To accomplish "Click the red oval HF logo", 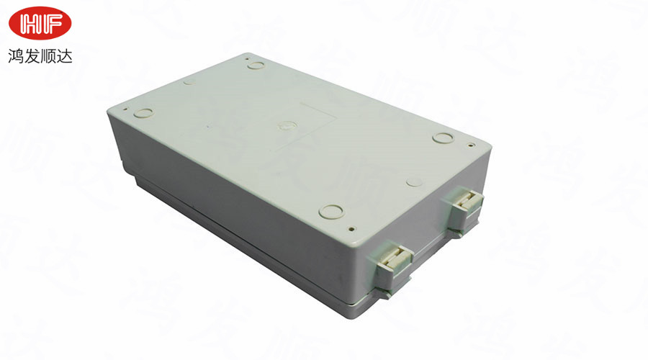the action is coord(40,23).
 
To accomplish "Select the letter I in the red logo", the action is coord(42,23).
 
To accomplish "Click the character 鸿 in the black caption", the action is coord(16,56).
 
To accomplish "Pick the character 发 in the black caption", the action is coord(32,56).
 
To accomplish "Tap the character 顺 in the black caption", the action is coord(48,56).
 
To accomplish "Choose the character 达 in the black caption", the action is coord(65,56).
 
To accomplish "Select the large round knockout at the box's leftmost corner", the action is coord(144,112).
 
